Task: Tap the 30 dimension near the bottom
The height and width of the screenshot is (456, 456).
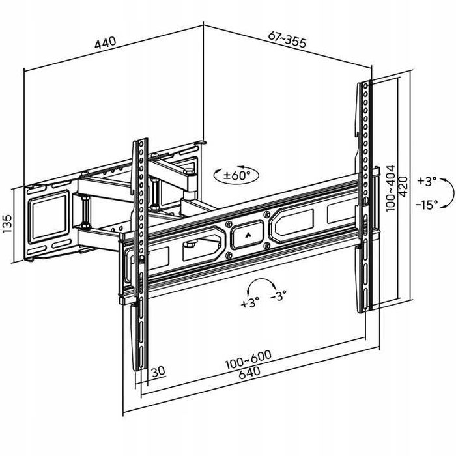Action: click(158, 371)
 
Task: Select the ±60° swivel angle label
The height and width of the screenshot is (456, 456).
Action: click(236, 175)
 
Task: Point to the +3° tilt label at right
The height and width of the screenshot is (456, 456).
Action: click(427, 180)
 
